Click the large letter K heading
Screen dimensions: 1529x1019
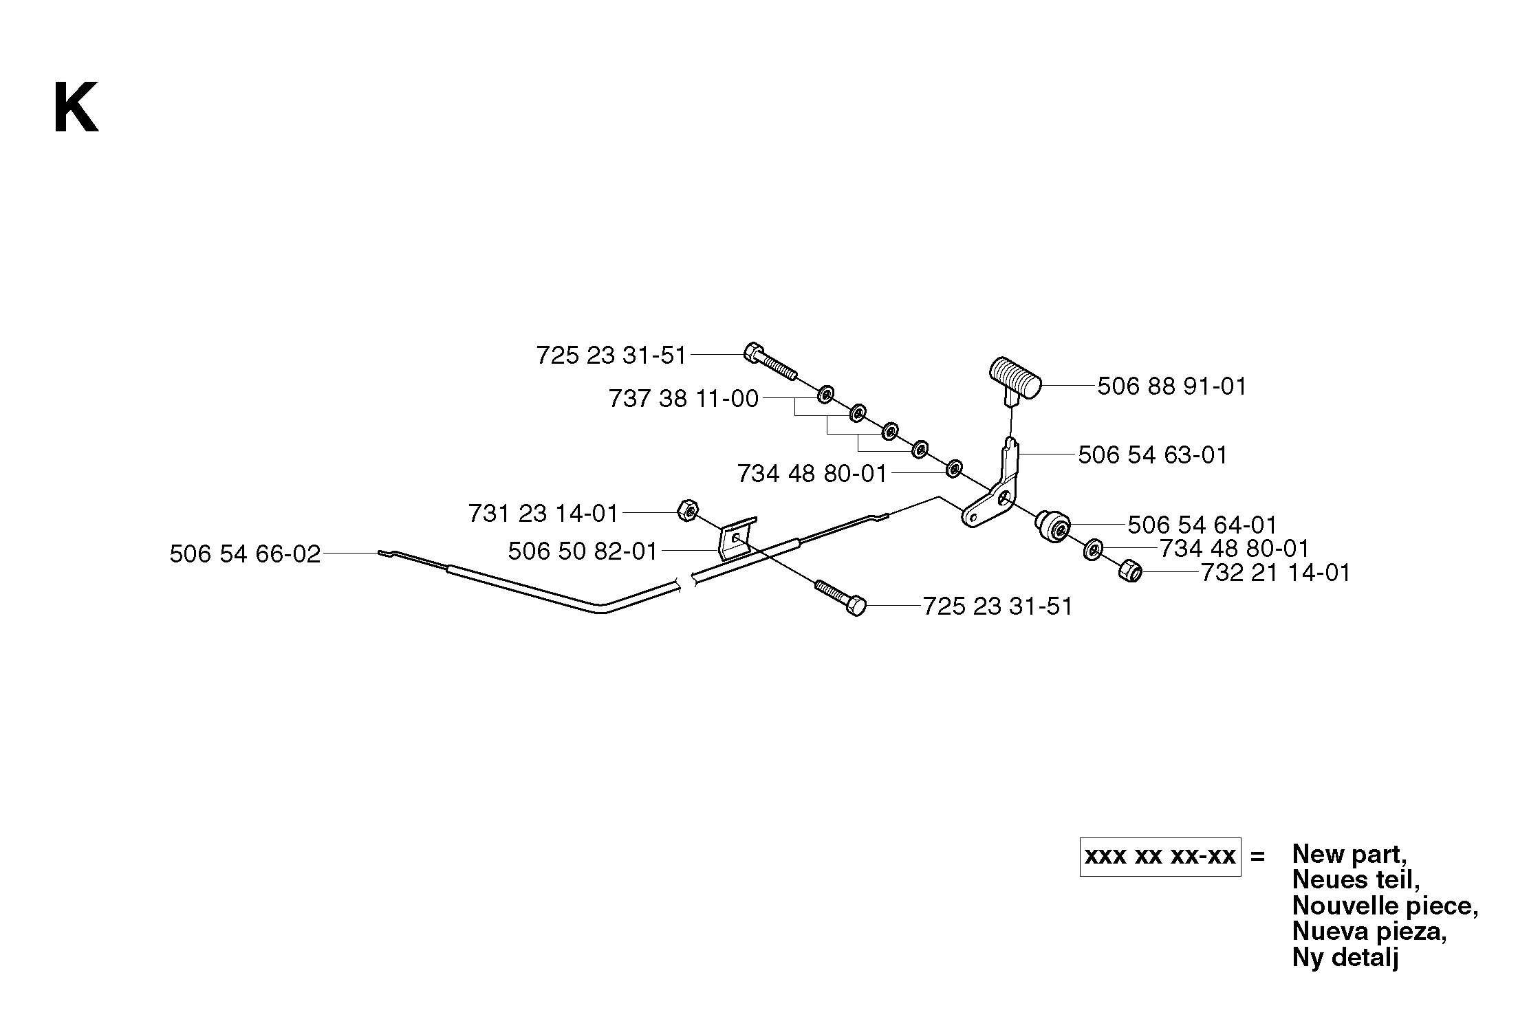pos(76,108)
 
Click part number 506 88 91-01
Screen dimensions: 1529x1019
pos(1171,386)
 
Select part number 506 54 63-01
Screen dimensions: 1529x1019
pos(1152,455)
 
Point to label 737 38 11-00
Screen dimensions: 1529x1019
pos(684,399)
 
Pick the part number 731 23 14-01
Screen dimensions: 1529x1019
pos(543,514)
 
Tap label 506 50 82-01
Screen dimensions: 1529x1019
pos(583,551)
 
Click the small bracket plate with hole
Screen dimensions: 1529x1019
pos(737,537)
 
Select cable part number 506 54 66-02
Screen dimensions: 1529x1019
pos(245,554)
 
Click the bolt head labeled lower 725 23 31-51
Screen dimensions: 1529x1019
pos(856,606)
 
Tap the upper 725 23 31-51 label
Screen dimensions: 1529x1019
pos(611,355)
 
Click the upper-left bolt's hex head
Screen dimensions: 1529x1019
pos(753,352)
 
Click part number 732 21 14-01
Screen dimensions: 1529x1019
pos(1275,573)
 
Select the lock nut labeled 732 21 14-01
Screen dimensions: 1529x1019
pos(1129,571)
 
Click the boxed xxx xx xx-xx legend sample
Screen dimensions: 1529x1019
pos(1160,857)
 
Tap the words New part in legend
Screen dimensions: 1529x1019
pos(1349,855)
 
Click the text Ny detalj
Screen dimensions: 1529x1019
pos(1345,957)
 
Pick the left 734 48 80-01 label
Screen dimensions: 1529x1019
pos(812,474)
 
